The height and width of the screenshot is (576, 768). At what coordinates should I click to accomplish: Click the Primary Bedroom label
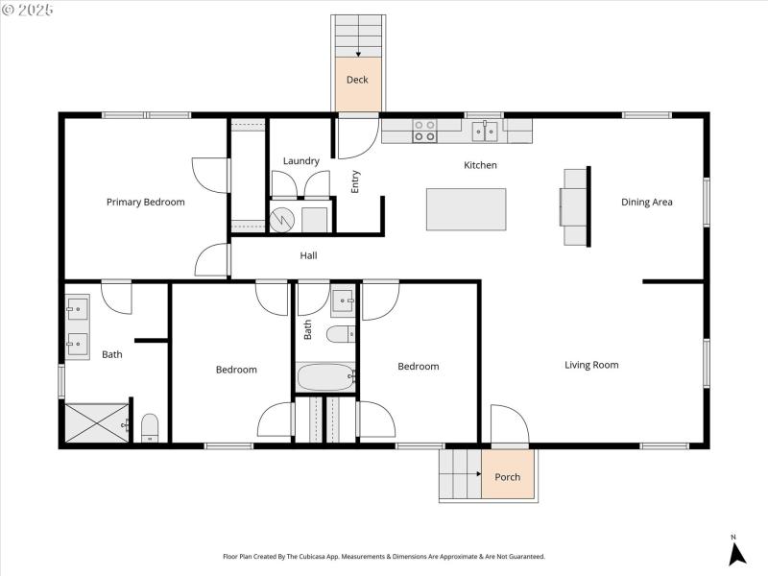(x=145, y=203)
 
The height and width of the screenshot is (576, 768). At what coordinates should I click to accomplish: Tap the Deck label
(x=357, y=80)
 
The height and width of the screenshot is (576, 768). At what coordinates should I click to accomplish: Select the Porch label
(x=507, y=477)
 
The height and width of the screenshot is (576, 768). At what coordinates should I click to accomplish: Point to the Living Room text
(x=591, y=365)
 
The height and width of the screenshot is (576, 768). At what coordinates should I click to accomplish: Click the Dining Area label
(x=646, y=203)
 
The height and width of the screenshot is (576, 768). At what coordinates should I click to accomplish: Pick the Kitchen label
(x=480, y=165)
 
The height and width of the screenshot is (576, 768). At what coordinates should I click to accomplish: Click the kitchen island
(x=467, y=209)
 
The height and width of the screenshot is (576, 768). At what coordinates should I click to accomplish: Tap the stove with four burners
(x=424, y=131)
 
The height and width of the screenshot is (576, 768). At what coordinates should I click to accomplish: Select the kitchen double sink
(x=485, y=131)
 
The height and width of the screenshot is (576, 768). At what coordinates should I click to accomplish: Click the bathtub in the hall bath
(x=326, y=376)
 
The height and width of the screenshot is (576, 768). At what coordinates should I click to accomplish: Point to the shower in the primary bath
(x=96, y=422)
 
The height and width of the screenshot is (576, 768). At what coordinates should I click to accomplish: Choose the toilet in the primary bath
(x=150, y=427)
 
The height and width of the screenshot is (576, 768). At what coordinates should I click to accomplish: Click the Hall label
(x=308, y=255)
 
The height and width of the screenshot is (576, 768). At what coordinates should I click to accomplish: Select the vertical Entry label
(x=355, y=181)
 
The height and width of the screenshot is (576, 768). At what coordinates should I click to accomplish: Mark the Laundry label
(x=300, y=160)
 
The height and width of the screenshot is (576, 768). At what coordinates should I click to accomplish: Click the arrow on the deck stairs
(x=358, y=53)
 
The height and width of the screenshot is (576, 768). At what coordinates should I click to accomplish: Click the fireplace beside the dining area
(x=574, y=206)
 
